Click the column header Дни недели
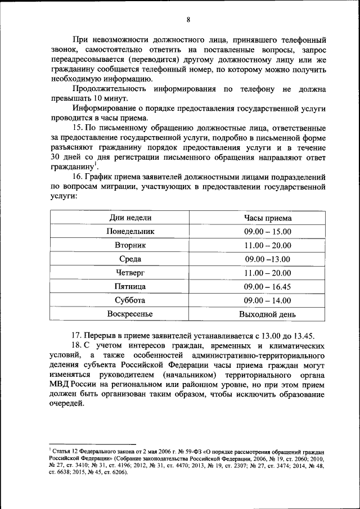(130, 218)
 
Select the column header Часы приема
(268, 218)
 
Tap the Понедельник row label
(130, 231)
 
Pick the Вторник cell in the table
(130, 245)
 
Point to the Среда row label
(130, 259)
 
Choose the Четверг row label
(130, 273)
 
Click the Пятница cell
(130, 287)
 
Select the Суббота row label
(130, 300)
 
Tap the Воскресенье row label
(130, 314)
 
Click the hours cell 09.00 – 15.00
(268, 231)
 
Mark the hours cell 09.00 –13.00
(268, 259)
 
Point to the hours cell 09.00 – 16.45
(268, 287)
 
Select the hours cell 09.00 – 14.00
(268, 300)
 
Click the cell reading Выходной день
(268, 314)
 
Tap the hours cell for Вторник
(268, 245)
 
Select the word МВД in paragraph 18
(59, 385)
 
